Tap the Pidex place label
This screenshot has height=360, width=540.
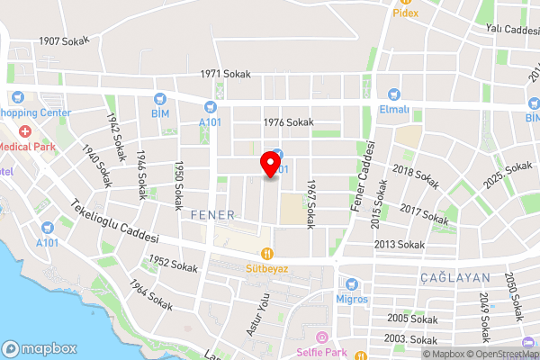[406, 13]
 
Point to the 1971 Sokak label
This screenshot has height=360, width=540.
[225, 74]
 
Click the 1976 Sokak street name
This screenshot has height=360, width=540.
[288, 122]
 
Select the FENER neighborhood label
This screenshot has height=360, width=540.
[212, 215]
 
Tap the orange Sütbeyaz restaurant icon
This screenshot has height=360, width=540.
[266, 254]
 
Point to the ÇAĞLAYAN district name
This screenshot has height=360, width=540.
[454, 279]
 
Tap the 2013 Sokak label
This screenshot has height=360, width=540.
[399, 244]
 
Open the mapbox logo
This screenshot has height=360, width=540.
[40, 348]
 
